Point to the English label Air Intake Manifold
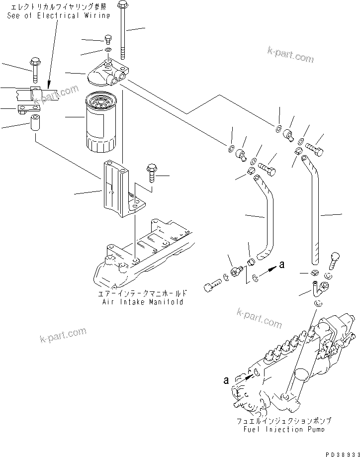click(x=142, y=302)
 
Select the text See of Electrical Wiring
click(x=58, y=16)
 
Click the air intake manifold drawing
click(x=144, y=254)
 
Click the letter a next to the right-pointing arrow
click(x=281, y=265)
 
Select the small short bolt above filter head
click(x=108, y=39)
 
